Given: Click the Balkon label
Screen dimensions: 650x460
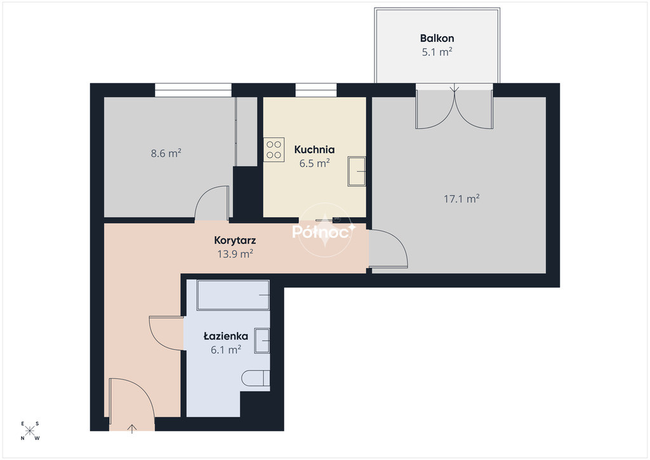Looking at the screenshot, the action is pos(437,38).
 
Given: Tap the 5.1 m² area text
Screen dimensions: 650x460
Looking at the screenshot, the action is pos(437,52).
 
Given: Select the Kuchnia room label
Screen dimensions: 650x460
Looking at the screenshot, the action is pos(314,149).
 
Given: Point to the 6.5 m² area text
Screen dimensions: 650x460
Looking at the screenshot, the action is pos(314,163).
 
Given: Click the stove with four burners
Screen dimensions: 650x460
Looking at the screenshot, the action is pos(274,150).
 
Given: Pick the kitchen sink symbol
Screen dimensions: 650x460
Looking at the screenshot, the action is pos(357,172).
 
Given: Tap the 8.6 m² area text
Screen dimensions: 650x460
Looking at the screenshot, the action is pos(166,153).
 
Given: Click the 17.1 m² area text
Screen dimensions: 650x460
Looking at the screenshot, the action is pos(461,199).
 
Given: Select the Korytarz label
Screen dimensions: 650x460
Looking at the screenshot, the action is pos(235,240).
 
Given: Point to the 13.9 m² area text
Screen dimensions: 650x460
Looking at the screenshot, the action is pos(235,254).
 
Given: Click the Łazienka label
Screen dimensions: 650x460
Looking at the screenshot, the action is pos(226,336).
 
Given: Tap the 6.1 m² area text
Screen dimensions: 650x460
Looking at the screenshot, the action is pos(226,349).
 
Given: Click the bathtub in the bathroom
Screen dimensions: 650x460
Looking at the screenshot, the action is pos(234,295).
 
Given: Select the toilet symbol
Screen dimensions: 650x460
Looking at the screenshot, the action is pos(256,378).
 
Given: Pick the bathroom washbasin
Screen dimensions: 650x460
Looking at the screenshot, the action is pos(262,341).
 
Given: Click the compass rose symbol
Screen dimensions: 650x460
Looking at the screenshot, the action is pos(30,431).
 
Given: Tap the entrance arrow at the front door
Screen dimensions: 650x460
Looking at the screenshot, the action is pos(132,429).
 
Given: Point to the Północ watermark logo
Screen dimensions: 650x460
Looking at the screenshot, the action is pos(324,231).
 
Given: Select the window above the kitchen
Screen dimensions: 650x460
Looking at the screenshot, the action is pos(316,90).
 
